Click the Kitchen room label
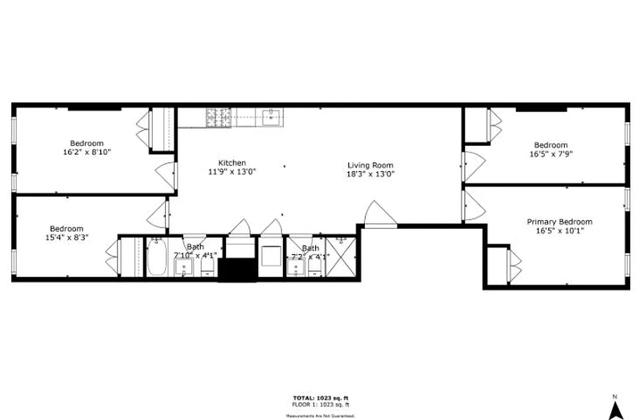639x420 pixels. (232, 163)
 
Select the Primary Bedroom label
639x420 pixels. (559, 222)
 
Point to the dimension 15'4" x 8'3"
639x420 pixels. (67, 237)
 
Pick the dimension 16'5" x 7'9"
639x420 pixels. (551, 154)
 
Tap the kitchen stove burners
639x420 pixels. (218, 118)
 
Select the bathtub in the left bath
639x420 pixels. (156, 257)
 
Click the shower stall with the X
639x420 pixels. (341, 257)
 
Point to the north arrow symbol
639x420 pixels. (615, 410)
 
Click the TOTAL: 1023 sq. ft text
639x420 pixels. (320, 398)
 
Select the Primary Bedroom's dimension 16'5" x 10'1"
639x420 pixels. (559, 230)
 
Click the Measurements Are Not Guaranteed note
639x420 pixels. (320, 415)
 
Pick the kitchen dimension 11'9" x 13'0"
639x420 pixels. (232, 172)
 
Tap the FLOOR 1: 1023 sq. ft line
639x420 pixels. (320, 405)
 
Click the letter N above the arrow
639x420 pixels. (614, 396)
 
